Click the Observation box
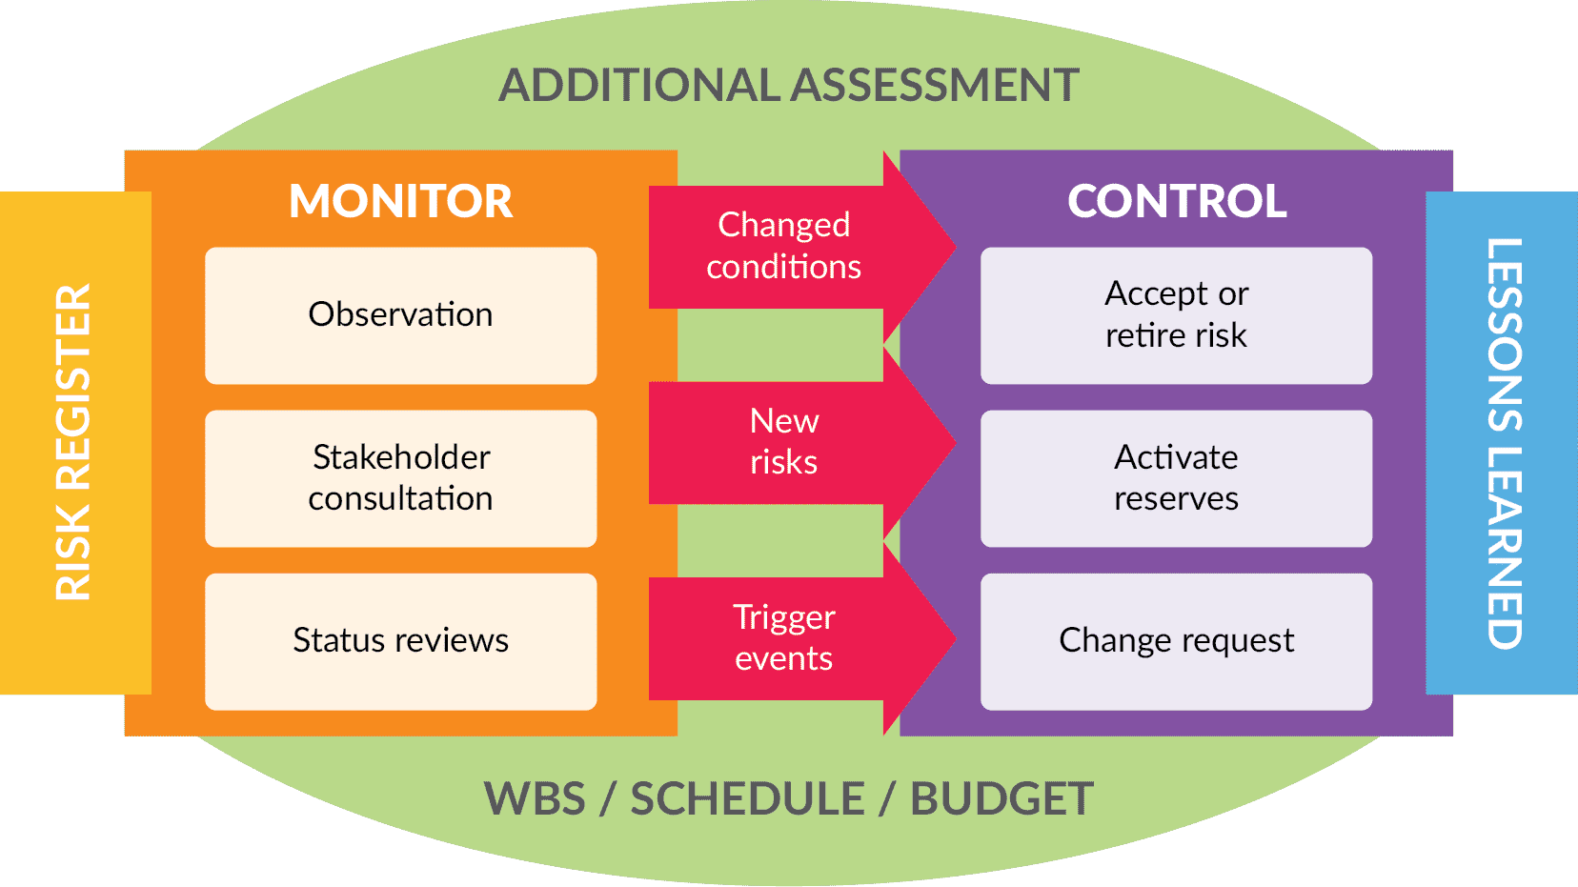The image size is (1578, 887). [400, 315]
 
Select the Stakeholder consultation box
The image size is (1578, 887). [400, 478]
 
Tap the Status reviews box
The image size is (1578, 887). [400, 641]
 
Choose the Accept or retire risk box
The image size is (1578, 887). [1176, 315]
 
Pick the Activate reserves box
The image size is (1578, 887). [1176, 478]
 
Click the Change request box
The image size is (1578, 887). [1176, 641]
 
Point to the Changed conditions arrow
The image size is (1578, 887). [783, 246]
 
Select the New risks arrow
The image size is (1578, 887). [783, 442]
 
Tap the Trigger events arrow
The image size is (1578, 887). [783, 638]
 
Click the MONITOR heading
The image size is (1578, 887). [400, 201]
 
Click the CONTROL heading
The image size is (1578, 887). [1177, 201]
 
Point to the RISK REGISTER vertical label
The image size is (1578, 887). [73, 442]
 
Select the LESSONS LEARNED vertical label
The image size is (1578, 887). [1505, 443]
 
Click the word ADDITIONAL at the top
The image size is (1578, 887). [639, 86]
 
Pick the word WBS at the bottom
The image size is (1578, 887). [535, 799]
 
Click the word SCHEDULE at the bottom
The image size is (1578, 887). [747, 799]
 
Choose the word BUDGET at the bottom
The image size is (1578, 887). [1001, 799]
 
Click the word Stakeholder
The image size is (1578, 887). [401, 457]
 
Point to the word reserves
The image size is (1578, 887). [1176, 499]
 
